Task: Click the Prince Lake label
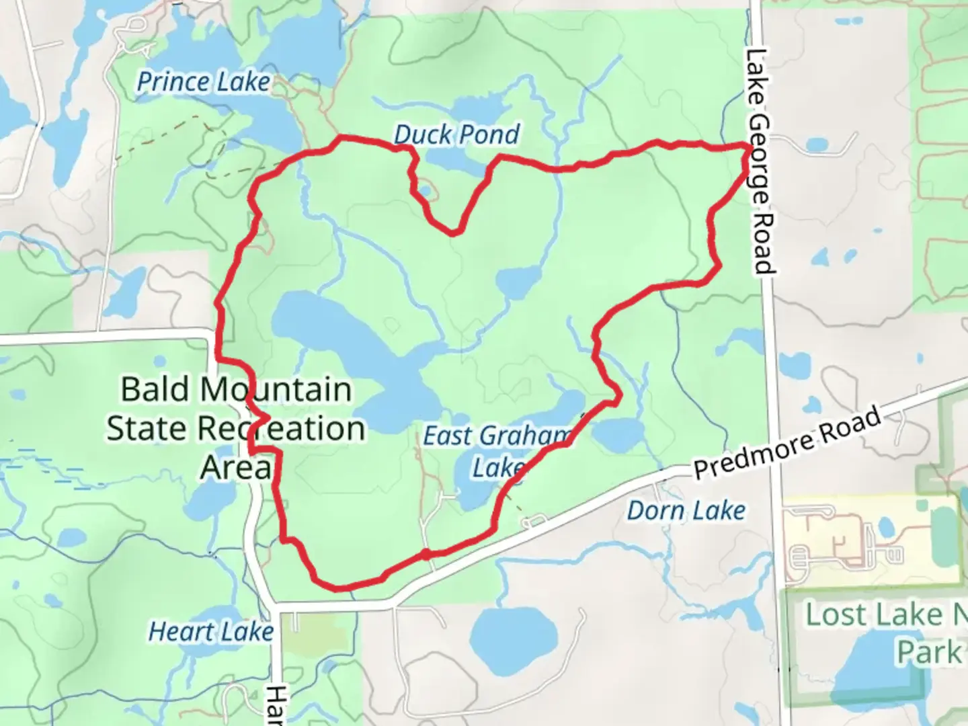pyautogui.click(x=203, y=82)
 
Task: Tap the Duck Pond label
pyautogui.click(x=456, y=134)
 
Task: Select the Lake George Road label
pyautogui.click(x=760, y=161)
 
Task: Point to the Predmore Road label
pyautogui.click(x=787, y=443)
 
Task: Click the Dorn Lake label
pyautogui.click(x=686, y=511)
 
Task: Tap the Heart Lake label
pyautogui.click(x=210, y=632)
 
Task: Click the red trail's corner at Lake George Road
pyautogui.click(x=748, y=146)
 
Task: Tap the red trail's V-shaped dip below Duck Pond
pyautogui.click(x=454, y=232)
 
